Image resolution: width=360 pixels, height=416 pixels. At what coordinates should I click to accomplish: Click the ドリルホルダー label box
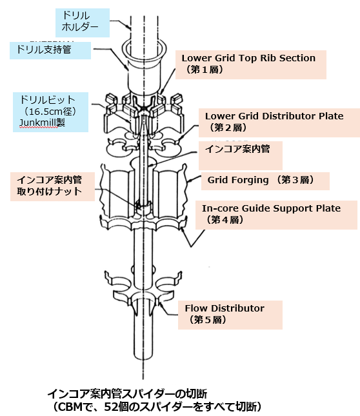pos(82,23)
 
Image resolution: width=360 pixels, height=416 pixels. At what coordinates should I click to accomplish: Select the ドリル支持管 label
pos(50,50)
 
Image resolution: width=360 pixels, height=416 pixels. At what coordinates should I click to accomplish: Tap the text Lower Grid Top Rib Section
pos(248,58)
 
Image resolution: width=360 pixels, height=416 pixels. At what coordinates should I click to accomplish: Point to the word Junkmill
pos(38,123)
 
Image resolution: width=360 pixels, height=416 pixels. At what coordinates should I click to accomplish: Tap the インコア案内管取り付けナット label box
pos(52,186)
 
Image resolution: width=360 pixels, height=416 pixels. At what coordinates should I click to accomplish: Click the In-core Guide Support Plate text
pos(271,208)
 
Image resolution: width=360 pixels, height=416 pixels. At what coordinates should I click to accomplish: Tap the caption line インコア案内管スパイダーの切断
pos(127,393)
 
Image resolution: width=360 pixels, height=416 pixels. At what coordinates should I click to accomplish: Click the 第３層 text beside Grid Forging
pos(295,180)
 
